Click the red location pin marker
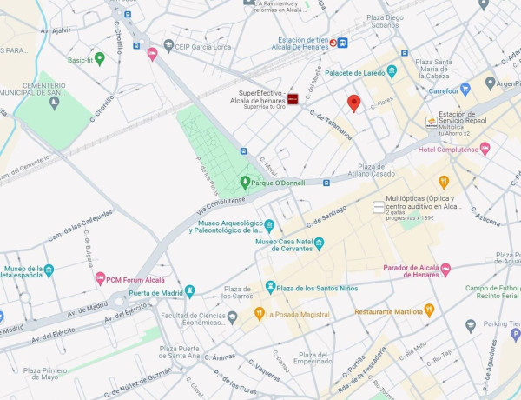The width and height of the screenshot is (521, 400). coord(353,103)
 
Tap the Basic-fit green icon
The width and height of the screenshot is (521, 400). coord(99,59)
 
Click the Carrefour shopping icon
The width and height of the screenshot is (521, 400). coord(465,90)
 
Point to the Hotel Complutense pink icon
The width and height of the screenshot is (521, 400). coord(485,149)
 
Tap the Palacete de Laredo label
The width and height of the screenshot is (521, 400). coord(354,73)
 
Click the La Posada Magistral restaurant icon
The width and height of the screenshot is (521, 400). coord(259,313)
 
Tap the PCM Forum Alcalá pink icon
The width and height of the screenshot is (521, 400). coord(100,280)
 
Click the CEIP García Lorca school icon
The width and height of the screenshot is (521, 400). coord(168,45)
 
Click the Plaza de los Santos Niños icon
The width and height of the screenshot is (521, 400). coord(270,287)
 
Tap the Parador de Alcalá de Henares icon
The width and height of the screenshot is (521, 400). coord(445,270)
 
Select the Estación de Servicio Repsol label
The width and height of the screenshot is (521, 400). coord(468,118)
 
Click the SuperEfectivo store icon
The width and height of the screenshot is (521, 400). coord(293,100)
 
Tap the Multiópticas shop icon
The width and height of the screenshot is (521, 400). coord(378,207)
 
